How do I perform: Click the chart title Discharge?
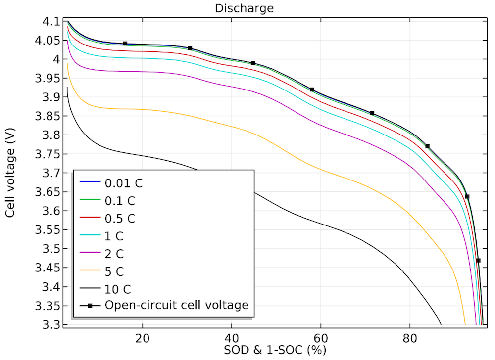point(244,8)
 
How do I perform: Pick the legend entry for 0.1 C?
point(120,200)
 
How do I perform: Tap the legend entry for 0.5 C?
point(120,218)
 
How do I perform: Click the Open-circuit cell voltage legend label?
point(176,305)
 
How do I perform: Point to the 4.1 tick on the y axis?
point(51,22)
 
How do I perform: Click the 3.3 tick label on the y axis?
point(51,325)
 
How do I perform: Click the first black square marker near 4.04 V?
point(125,44)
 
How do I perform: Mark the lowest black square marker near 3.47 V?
point(478,260)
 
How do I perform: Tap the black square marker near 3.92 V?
point(312,90)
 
